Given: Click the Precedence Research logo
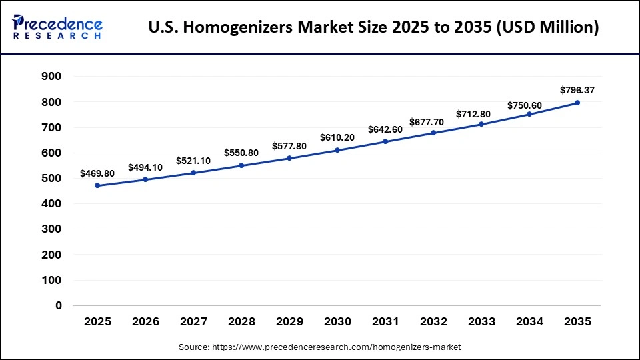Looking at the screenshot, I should pos(57,27).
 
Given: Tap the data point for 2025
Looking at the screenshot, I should pos(97,185).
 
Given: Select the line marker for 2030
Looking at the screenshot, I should pos(337,150).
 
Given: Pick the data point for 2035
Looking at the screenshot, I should pos(577,103).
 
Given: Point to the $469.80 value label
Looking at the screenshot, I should pos(97,173).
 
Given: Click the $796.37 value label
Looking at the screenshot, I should pos(577,90).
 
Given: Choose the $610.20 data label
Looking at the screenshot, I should pos(337,137).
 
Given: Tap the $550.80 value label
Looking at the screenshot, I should pos(241,153).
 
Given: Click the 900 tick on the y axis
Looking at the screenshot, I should pos(52,77).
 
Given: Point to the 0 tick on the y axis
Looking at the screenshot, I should pos(59,305).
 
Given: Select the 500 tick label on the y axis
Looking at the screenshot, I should pos(52,179).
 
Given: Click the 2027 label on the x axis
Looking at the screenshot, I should pos(193,322).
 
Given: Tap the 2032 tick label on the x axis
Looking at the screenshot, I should pos(433,322).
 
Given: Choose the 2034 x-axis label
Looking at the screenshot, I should pos(529,322).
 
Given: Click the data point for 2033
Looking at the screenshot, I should pos(481,124).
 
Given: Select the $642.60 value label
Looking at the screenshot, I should pos(385,129).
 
